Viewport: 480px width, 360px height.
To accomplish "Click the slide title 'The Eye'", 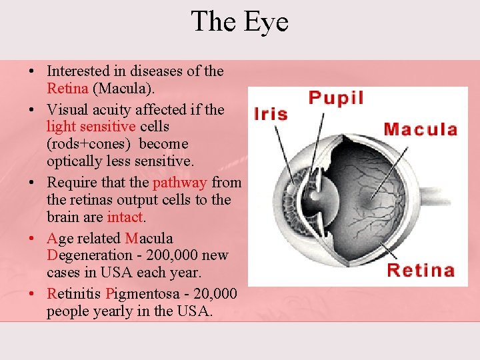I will (239, 21).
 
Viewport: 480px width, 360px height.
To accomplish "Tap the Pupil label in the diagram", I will (336, 98).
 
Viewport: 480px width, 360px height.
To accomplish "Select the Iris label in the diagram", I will (271, 113).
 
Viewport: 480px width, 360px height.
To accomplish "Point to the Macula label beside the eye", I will (421, 129).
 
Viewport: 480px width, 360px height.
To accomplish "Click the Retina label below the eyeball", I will (421, 270).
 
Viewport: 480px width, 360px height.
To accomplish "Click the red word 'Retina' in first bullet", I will (67, 88).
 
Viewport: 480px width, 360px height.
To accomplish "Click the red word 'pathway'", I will (180, 183).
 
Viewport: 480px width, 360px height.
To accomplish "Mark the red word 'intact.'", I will (126, 217).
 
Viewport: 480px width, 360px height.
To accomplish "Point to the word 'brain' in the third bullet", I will (63, 217).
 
